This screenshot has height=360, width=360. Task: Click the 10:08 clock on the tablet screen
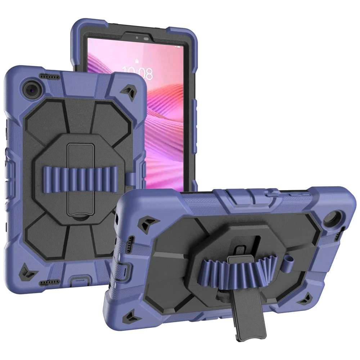point(138,73)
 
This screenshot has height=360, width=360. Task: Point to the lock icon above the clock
point(137,61)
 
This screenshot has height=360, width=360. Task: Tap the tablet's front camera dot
point(137,37)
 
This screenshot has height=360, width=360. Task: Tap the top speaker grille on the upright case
point(49,76)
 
